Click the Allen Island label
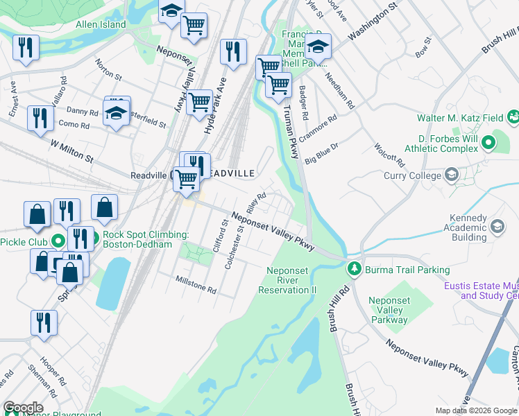point(101,25)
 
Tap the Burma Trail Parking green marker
point(354,268)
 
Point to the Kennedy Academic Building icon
point(497,226)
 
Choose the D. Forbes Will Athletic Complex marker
point(488,144)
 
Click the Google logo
point(23,408)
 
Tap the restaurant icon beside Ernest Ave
point(26,47)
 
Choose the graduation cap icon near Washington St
point(318,46)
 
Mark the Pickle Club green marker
point(58,241)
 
